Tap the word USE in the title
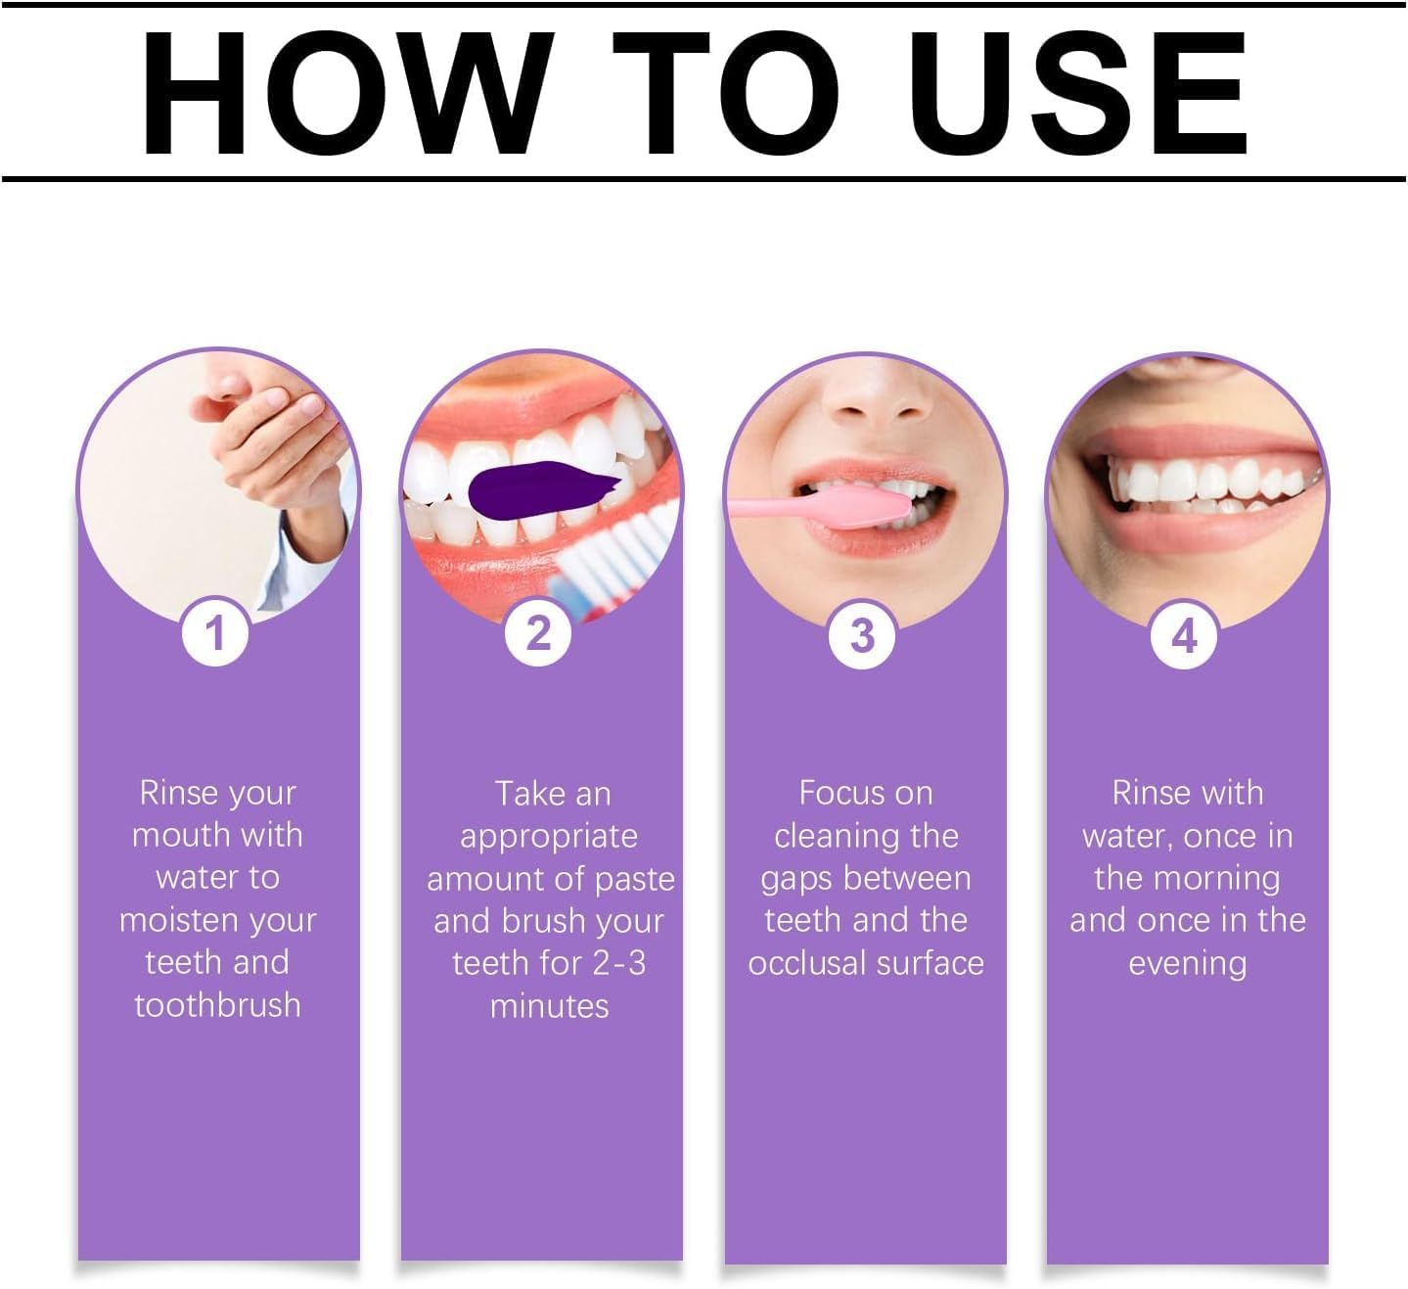pyautogui.click(x=1076, y=93)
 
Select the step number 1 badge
pyautogui.click(x=215, y=633)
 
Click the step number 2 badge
pyautogui.click(x=538, y=633)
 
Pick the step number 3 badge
pyautogui.click(x=862, y=635)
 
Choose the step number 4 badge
pyautogui.click(x=1185, y=636)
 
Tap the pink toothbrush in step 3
pyautogui.click(x=820, y=506)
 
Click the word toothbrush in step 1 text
pyautogui.click(x=217, y=1005)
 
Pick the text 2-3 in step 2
pyautogui.click(x=618, y=963)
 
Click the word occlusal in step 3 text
pyautogui.click(x=807, y=963)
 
